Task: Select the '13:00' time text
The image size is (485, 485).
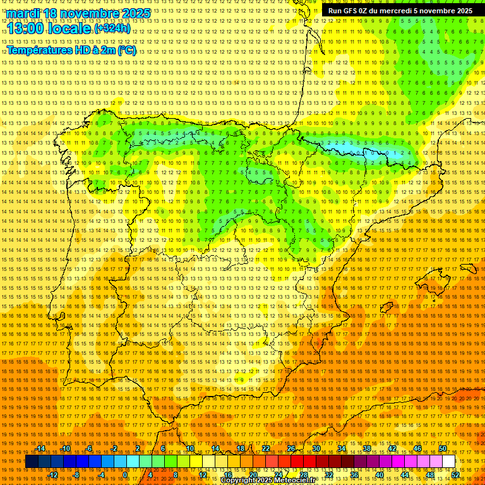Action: (28, 28)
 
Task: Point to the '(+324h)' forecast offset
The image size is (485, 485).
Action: (112, 28)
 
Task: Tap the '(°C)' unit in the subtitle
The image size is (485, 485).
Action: (126, 51)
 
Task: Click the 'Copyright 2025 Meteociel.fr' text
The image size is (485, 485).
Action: (268, 481)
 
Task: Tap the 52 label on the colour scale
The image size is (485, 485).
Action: (455, 474)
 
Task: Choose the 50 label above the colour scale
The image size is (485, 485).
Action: (443, 448)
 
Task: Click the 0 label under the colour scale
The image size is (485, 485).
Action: (125, 474)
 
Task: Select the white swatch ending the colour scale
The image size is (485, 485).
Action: (448, 462)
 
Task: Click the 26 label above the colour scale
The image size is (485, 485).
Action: (291, 448)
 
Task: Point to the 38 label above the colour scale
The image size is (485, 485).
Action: (367, 448)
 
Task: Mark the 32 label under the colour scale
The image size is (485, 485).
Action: (329, 474)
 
